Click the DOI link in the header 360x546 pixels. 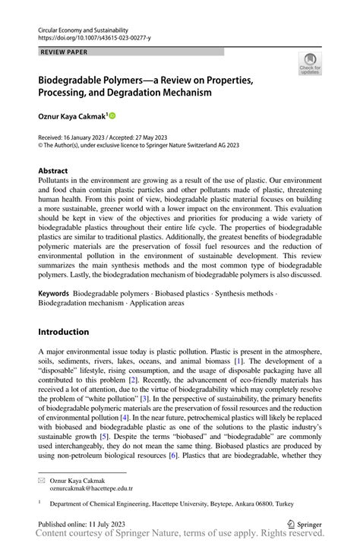(x=94, y=36)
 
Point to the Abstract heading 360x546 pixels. (x=53, y=172)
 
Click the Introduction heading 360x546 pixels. (x=63, y=332)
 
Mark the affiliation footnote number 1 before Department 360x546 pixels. (x=39, y=501)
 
